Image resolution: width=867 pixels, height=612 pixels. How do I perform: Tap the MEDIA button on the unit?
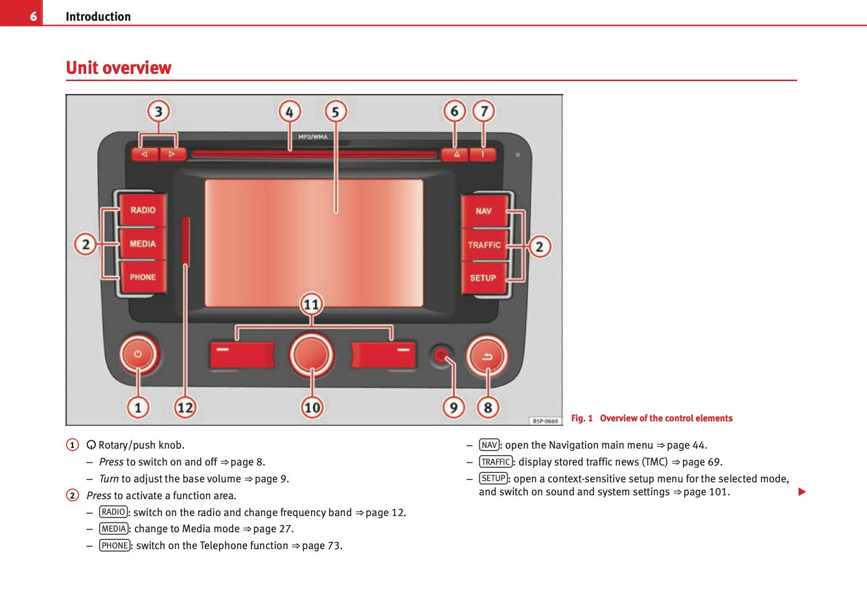[x=143, y=244]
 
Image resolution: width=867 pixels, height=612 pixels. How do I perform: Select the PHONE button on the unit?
[x=143, y=277]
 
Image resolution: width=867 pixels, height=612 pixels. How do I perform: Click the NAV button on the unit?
[x=483, y=211]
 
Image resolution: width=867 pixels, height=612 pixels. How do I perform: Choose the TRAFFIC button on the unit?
[x=484, y=245]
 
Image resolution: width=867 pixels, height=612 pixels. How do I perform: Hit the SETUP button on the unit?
[x=483, y=277]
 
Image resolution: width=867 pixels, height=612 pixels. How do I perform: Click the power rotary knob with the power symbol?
[x=138, y=355]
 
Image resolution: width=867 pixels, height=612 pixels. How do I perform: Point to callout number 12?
[x=185, y=407]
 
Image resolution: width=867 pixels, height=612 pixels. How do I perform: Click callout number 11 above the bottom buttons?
[x=312, y=304]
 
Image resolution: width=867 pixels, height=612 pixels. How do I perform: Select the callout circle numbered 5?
[x=335, y=112]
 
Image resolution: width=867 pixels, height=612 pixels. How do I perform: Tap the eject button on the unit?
[x=456, y=154]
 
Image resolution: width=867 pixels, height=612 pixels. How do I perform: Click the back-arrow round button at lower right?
[x=487, y=356]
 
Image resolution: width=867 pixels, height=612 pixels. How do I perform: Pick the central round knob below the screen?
[x=312, y=355]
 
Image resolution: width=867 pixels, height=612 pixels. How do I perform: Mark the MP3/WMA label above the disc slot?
[x=313, y=137]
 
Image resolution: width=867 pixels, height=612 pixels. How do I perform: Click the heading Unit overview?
[x=119, y=68]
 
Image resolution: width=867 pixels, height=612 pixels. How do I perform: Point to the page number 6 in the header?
[x=33, y=16]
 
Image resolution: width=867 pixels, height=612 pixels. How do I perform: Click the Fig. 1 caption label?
[x=582, y=418]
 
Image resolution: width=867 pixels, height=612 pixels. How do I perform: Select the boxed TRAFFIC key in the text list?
[x=496, y=462]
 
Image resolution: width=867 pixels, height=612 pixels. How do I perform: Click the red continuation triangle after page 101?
[x=802, y=492]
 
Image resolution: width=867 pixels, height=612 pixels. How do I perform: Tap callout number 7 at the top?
[x=483, y=112]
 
